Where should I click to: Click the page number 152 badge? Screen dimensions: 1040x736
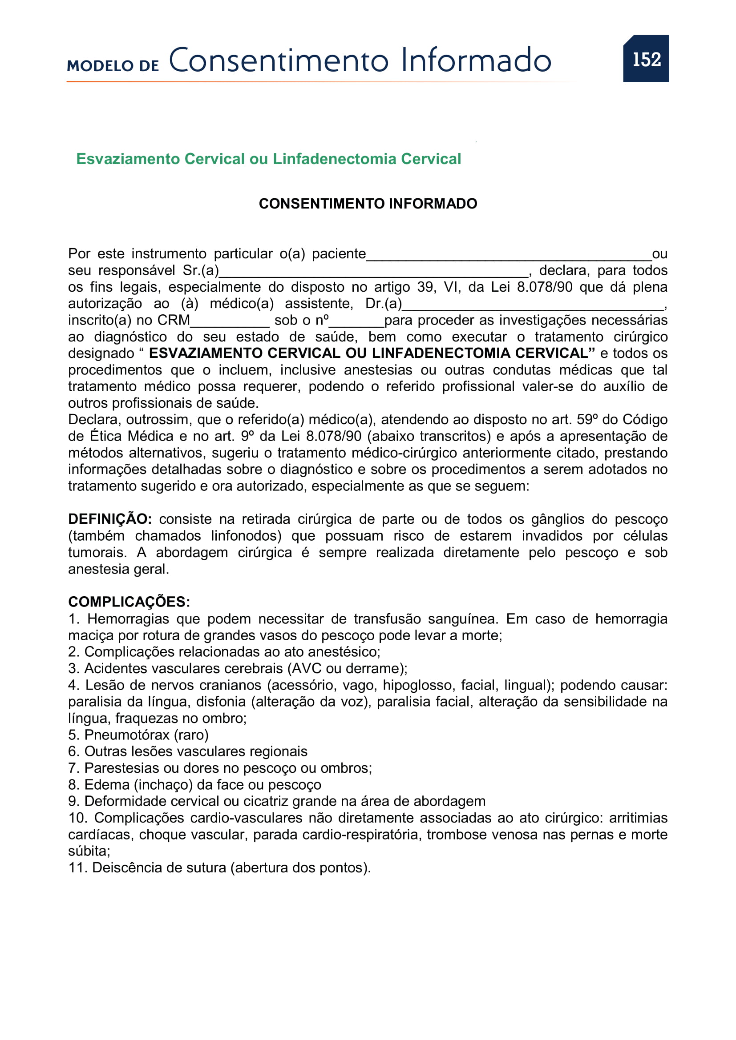(646, 59)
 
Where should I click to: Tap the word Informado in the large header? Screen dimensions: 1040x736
(476, 60)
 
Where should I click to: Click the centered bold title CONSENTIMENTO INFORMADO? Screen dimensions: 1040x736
(368, 204)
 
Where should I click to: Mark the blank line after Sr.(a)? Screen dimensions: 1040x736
(373, 273)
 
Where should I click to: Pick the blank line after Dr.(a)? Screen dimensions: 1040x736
(533, 307)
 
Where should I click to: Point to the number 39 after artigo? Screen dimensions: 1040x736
(425, 287)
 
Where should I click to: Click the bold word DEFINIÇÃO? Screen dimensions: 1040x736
(109, 519)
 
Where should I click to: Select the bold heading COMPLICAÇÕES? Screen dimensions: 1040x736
(129, 602)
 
